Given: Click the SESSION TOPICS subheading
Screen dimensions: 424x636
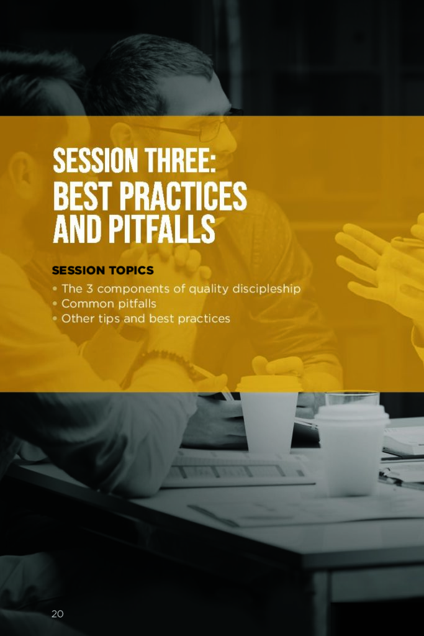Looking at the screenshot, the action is pos(102,270).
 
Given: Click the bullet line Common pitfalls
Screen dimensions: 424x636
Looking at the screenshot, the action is pos(109,303).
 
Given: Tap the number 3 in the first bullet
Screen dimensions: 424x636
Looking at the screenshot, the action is pos(89,289).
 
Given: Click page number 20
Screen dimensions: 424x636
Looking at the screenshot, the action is pos(57,614).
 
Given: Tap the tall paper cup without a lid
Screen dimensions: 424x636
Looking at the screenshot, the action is pos(269,414).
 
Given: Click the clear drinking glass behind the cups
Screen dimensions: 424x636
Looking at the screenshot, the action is pos(352,399).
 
